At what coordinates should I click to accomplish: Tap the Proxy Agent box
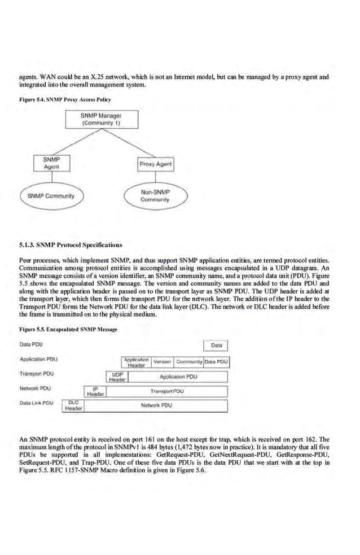pyautogui.click(x=156, y=164)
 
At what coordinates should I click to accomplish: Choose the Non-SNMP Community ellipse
pyautogui.click(x=156, y=196)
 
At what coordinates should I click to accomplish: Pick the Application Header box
pyautogui.click(x=135, y=362)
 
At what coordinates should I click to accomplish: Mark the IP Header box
pyautogui.click(x=95, y=391)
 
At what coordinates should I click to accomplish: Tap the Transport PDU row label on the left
pyautogui.click(x=35, y=374)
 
